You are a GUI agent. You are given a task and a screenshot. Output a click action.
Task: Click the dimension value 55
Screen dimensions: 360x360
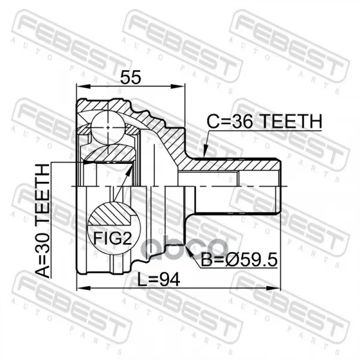(x=131, y=77)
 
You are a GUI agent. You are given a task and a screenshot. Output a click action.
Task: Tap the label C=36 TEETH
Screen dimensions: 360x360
(x=265, y=121)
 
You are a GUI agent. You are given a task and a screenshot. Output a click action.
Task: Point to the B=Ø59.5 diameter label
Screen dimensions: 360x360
(x=239, y=260)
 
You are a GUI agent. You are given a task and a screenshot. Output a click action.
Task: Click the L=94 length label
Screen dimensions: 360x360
(x=158, y=280)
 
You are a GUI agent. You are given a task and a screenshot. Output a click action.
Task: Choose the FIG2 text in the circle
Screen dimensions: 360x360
(x=113, y=238)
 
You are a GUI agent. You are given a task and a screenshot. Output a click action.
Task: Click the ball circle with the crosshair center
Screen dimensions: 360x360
(x=108, y=127)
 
